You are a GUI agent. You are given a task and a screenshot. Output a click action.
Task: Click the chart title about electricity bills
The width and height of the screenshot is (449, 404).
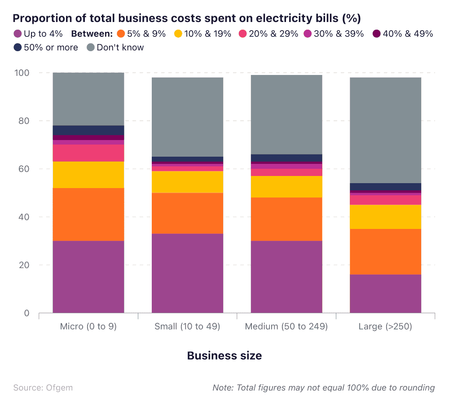click(187, 18)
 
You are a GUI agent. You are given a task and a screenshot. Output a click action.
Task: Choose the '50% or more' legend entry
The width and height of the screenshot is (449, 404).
click(46, 47)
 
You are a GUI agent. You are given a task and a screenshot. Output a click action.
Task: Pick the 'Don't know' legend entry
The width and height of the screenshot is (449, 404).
click(115, 47)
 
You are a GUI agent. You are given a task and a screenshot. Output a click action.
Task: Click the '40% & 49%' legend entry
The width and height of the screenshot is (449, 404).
click(403, 34)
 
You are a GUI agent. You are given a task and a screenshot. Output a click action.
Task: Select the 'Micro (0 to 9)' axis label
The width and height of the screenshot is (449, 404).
click(88, 326)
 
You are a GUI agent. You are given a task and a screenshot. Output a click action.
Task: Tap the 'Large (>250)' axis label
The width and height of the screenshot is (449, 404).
click(385, 326)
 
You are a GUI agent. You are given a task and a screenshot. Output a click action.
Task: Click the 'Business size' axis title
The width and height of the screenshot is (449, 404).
click(224, 356)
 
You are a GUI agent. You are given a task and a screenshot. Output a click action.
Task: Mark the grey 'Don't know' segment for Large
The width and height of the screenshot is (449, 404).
click(385, 130)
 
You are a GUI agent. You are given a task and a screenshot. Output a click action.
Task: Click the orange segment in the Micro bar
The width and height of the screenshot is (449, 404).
click(88, 214)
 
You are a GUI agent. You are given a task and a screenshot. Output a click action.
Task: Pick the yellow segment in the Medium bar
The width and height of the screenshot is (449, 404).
click(286, 186)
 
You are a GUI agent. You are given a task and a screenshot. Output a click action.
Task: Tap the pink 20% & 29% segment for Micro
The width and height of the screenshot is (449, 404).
click(88, 153)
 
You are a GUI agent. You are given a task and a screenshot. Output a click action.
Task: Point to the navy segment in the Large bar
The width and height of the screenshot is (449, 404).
click(385, 187)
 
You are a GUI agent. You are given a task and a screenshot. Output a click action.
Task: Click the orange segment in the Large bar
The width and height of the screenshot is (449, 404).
click(385, 251)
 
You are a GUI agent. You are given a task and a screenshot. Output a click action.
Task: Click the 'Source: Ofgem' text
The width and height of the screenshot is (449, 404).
click(43, 387)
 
